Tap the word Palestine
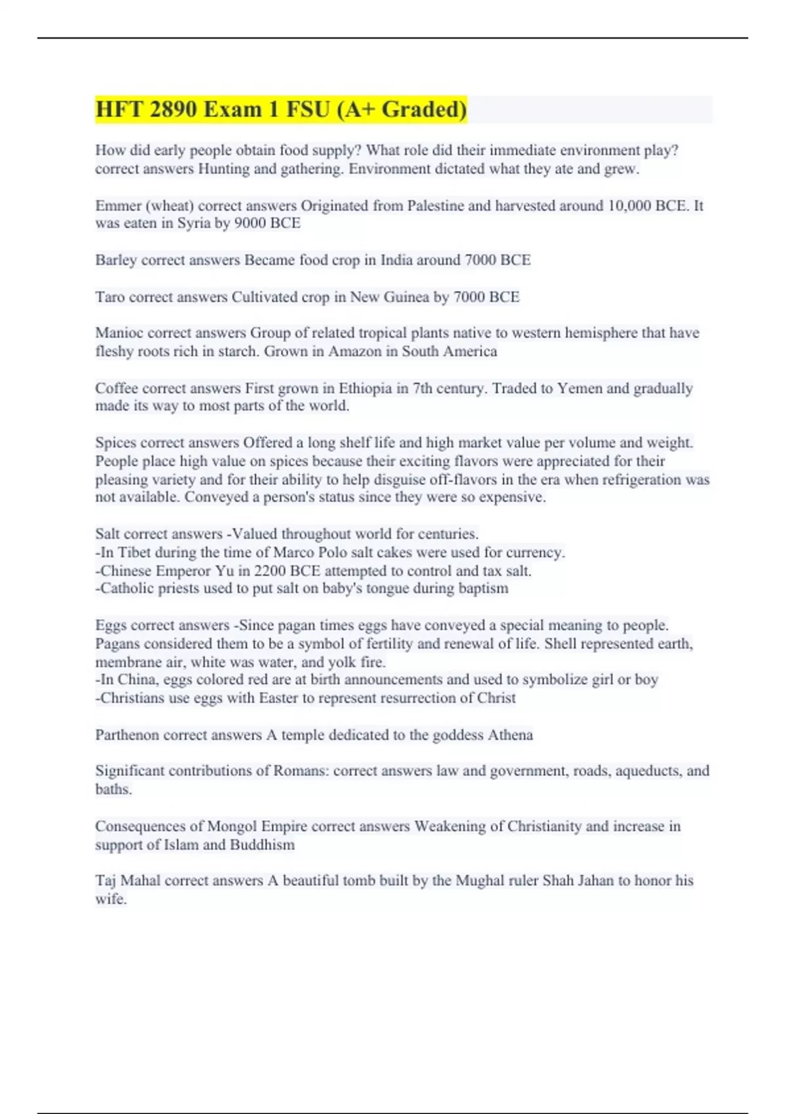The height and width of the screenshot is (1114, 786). click(x=436, y=206)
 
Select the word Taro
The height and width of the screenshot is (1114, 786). click(x=109, y=297)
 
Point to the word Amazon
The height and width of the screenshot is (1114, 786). click(x=354, y=351)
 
